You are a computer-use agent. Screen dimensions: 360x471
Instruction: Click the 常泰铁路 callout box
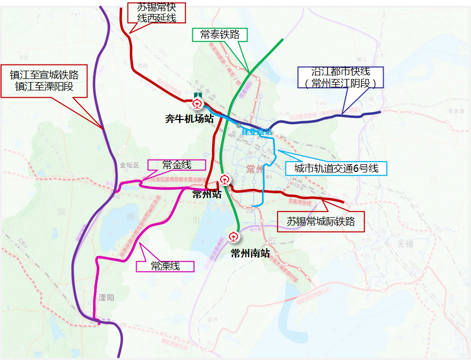pos(219,35)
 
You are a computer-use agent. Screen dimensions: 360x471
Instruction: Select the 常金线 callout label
pos(177,165)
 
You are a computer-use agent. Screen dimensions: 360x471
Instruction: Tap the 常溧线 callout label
pos(165,266)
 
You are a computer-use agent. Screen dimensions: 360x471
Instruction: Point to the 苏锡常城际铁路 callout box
pos(321,221)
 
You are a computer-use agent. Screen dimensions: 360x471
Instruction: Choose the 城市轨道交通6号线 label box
pos(335,168)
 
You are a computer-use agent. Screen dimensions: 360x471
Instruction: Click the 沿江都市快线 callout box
pos(341,77)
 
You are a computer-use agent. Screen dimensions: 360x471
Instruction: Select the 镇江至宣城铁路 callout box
pos(44,81)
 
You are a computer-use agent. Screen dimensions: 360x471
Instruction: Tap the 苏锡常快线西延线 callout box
pos(156,14)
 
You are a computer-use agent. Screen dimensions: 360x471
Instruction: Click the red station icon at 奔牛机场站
pos(198,103)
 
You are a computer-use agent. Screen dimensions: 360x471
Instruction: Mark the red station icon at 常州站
pos(224,180)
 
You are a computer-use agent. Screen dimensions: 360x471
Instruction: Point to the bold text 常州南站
pos(250,254)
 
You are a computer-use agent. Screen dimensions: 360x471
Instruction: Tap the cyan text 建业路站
pos(256,131)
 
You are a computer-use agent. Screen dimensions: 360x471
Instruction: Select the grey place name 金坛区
pos(130,165)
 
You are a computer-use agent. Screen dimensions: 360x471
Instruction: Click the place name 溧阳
pos(106,298)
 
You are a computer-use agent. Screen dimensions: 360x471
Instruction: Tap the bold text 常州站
pos(206,194)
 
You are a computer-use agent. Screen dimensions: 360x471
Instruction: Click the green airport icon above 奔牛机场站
pos(198,94)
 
